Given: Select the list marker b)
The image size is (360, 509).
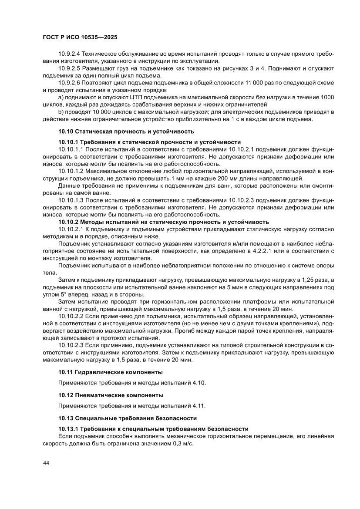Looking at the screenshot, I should [x=61, y=111].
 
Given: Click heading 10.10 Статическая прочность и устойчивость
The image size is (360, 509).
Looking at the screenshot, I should [x=126, y=131].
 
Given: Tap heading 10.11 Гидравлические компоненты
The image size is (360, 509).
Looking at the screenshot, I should [x=111, y=372].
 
